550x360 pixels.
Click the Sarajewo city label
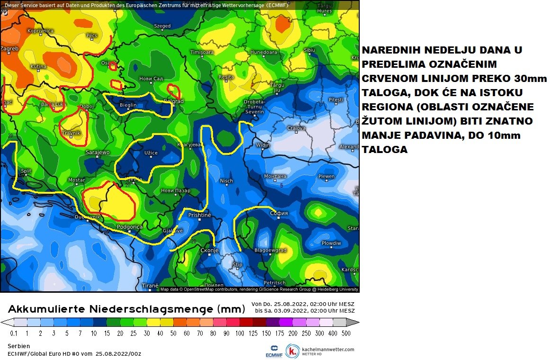(98, 153)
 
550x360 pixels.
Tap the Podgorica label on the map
(129, 227)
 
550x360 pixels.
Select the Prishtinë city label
(199, 215)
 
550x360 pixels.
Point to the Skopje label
(209, 250)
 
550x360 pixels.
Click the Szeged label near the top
(162, 26)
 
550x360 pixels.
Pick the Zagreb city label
(9, 48)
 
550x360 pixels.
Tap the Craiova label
(297, 128)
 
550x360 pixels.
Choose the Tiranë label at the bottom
(150, 286)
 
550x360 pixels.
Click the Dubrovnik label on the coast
(88, 217)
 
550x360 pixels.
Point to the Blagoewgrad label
(271, 250)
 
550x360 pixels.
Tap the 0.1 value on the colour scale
(14, 333)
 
